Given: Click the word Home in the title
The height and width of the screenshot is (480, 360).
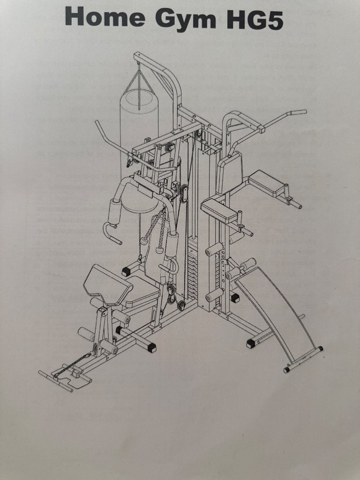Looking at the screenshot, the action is (x=105, y=16).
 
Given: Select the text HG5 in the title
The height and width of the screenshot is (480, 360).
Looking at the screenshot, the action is (x=255, y=18).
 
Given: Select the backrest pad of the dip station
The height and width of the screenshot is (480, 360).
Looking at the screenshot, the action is (x=230, y=172).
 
